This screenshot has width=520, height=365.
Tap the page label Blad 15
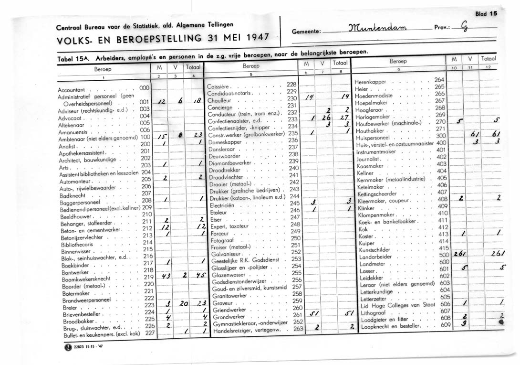pyautogui.click(x=486, y=14)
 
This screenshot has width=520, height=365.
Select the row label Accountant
pyautogui.click(x=71, y=90)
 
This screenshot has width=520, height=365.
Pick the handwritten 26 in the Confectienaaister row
pyautogui.click(x=326, y=119)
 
